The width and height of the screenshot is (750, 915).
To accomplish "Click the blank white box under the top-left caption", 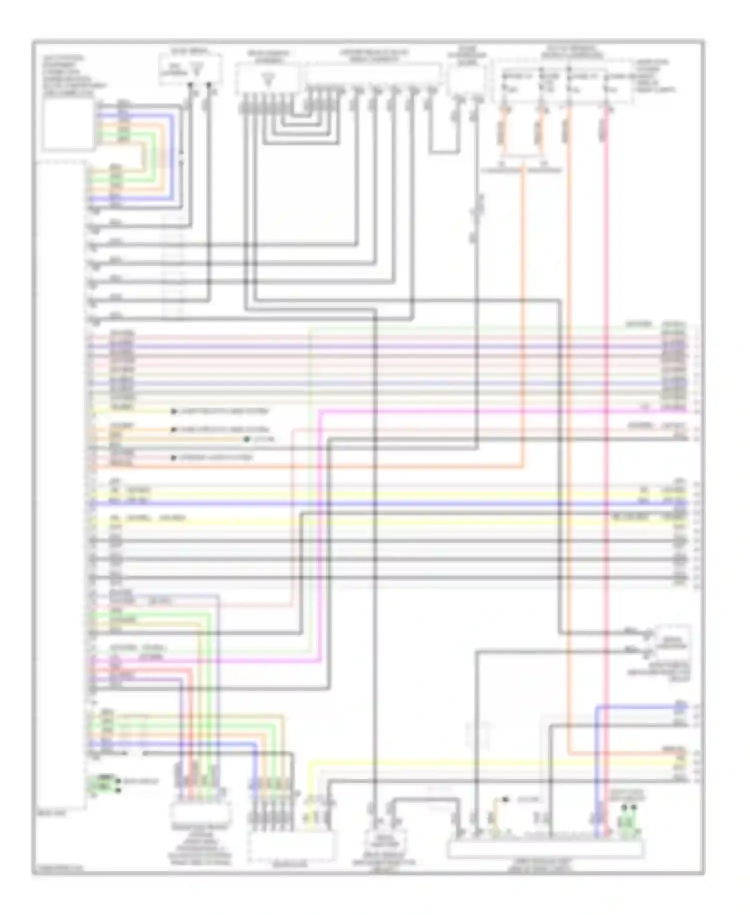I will click(68, 125).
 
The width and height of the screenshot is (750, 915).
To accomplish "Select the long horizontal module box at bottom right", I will click(545, 849).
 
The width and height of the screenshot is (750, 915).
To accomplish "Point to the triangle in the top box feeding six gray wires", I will click(269, 78).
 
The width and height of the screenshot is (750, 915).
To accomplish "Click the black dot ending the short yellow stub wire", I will click(173, 411).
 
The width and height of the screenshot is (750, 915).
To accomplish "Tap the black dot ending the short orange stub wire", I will click(173, 429).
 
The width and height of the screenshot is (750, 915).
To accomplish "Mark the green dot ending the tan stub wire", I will click(246, 439).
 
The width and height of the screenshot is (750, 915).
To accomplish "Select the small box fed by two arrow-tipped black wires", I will click(673, 643).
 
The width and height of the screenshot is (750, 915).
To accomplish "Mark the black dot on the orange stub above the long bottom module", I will click(505, 800).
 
